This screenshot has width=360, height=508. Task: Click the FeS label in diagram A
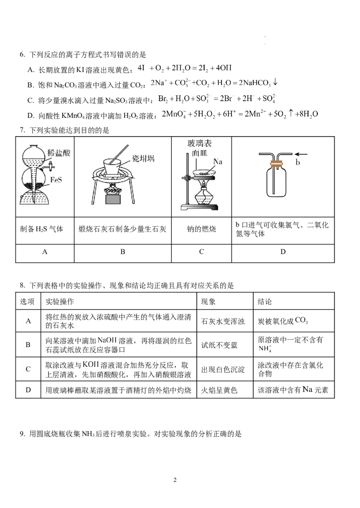coord(56,179)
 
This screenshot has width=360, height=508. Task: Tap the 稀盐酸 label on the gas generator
coord(58,152)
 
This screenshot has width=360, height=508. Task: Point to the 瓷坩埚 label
coord(144,158)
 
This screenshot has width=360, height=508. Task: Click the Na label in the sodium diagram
coord(218,161)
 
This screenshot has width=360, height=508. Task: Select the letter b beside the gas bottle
coord(297,163)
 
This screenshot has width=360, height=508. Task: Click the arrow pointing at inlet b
coord(301,154)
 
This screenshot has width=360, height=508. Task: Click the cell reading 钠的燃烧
coord(202,229)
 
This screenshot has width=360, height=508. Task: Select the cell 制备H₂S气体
coord(41,229)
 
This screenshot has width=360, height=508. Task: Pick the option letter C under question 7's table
coord(202,252)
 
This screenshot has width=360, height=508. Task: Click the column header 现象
coord(208,302)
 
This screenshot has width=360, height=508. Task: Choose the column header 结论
coord(265,302)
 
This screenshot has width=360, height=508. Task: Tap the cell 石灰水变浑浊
coord(223,321)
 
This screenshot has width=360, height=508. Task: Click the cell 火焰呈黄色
coord(219,390)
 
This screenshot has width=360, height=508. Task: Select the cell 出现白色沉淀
coord(223,370)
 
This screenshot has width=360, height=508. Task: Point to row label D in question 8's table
coord(28,390)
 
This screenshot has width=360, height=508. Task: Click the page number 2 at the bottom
coord(175,480)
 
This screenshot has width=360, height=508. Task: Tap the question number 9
coord(22,434)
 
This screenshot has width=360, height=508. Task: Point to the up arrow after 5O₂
coord(291,113)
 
